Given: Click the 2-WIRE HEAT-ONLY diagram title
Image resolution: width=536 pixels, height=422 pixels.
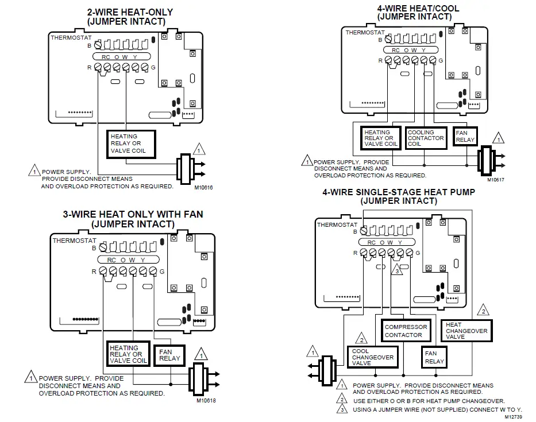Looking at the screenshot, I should [129, 16].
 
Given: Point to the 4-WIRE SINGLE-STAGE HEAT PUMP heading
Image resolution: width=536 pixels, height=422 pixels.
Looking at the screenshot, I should [399, 196].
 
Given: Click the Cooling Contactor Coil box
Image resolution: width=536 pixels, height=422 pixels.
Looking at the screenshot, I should [425, 138].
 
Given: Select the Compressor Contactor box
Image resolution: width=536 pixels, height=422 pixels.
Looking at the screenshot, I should [406, 331].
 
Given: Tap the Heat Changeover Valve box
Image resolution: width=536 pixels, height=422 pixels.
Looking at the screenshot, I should [466, 331].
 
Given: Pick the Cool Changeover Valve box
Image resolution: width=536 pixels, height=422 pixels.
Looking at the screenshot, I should [373, 357].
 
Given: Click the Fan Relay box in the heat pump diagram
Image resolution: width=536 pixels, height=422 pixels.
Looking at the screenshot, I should [435, 357].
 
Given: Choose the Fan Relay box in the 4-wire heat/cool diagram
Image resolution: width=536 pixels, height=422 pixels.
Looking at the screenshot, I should [465, 136].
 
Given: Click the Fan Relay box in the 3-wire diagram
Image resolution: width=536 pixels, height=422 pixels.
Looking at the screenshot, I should [169, 354].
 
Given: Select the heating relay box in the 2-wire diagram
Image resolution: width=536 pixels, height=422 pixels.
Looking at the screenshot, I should [132, 144].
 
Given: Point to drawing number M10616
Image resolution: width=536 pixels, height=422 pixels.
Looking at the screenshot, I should [204, 187].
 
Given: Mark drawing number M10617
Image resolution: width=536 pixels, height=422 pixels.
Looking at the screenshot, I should [495, 180].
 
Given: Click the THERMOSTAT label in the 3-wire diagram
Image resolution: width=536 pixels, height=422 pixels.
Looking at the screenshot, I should [72, 241].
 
